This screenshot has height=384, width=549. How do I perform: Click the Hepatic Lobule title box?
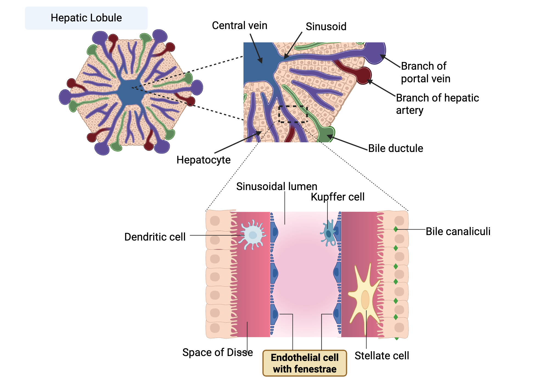(x=86, y=18)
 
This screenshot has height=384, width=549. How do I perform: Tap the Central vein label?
(x=239, y=26)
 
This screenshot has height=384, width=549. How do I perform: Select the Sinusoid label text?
(x=326, y=27)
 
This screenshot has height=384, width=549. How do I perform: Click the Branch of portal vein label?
(x=425, y=72)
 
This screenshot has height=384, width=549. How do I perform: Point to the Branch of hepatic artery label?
(x=437, y=104)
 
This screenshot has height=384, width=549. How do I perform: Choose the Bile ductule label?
(x=395, y=148)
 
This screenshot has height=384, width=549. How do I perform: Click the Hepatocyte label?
(x=203, y=160)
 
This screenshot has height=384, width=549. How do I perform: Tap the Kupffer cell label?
(x=337, y=197)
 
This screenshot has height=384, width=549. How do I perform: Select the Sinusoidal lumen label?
(x=276, y=187)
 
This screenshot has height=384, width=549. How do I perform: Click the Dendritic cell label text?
(x=155, y=237)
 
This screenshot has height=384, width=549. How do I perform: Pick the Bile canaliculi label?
(x=458, y=231)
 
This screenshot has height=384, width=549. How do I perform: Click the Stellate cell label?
(x=382, y=356)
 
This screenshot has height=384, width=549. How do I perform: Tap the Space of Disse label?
(x=217, y=352)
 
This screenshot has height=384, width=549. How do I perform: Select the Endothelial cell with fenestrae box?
(x=305, y=363)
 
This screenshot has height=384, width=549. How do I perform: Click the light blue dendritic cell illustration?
(x=252, y=235)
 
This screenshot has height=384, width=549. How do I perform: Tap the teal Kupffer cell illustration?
(x=328, y=233)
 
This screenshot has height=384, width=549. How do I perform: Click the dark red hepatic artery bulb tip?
(x=364, y=75)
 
